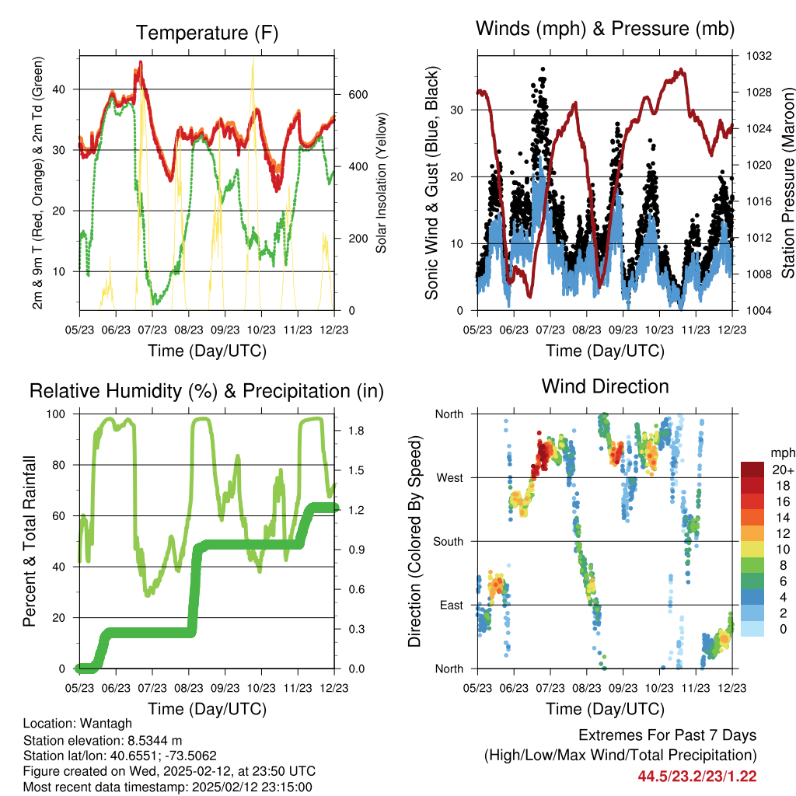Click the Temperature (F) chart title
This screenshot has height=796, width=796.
(207, 33)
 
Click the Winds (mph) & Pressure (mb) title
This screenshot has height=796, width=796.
(606, 29)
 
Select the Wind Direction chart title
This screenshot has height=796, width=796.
(606, 386)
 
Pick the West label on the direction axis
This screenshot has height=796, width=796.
(449, 477)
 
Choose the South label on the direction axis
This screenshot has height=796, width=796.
(447, 541)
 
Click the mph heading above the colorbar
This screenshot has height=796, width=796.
(782, 452)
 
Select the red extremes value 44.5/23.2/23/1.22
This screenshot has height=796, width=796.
(696, 776)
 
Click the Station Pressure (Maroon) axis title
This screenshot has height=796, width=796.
(787, 183)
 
